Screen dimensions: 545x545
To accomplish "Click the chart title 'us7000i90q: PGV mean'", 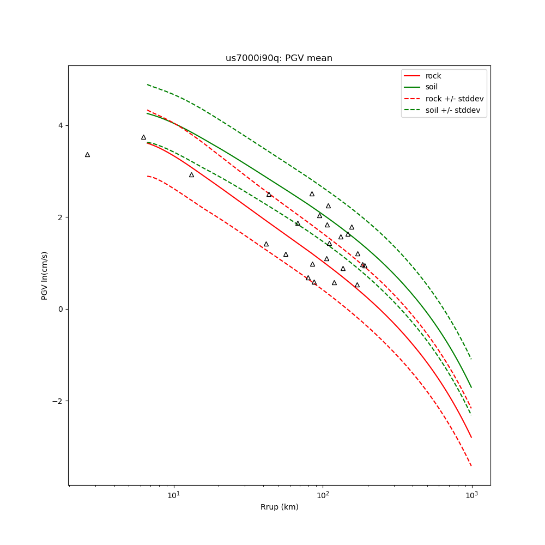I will point(278,58).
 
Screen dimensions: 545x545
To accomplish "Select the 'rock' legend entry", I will point(433,76).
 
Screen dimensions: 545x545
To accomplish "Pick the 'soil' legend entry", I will point(432,87).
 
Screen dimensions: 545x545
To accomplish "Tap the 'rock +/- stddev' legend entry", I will point(455,99).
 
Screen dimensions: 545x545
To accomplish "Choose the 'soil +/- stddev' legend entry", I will point(454,110).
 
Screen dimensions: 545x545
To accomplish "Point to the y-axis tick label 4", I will point(60,125).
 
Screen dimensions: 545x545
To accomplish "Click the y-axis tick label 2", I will point(60,217).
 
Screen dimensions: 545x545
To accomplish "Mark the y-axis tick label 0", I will point(60,309).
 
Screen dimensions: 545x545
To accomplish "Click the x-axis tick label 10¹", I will point(173,495).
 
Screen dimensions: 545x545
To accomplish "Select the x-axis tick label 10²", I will point(323,495).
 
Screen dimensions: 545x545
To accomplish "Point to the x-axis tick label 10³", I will point(471,495).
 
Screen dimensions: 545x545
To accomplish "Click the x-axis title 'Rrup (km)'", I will point(279,507).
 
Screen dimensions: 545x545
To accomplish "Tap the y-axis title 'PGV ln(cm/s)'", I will point(45,275).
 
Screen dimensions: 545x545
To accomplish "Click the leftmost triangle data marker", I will point(87,155).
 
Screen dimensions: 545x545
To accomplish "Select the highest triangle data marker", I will point(143,137).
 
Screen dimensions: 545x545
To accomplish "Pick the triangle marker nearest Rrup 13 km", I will point(191,175).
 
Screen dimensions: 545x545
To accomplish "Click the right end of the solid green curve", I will point(471,387).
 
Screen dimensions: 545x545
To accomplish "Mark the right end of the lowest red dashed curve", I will point(471,466).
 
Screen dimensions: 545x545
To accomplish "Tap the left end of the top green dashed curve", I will point(147,84).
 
